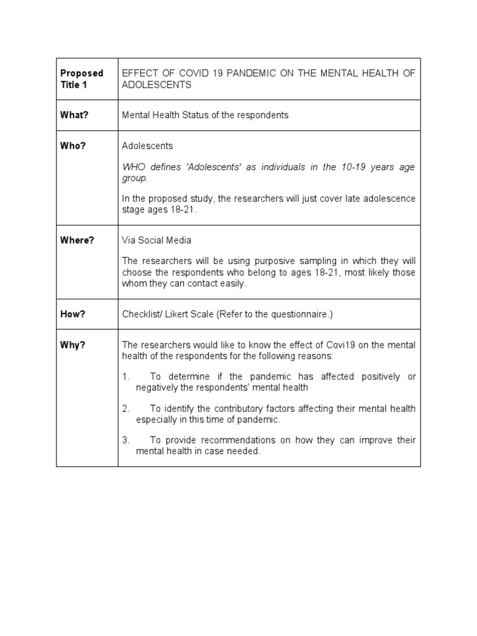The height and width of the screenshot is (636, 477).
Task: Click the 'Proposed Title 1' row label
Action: pyautogui.click(x=82, y=79)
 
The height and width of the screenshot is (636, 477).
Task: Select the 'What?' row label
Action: pyautogui.click(x=73, y=115)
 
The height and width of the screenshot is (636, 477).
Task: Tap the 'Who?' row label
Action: pyautogui.click(x=73, y=145)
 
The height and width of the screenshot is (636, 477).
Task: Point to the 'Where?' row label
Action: pyautogui.click(x=77, y=240)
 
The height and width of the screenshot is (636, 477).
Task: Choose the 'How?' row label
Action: pyautogui.click(x=72, y=314)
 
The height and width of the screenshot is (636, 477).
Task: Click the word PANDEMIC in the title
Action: pyautogui.click(x=253, y=73)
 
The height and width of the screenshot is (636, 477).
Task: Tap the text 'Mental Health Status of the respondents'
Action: pyautogui.click(x=205, y=115)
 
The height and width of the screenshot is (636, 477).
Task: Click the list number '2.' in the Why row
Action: pyautogui.click(x=125, y=409)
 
